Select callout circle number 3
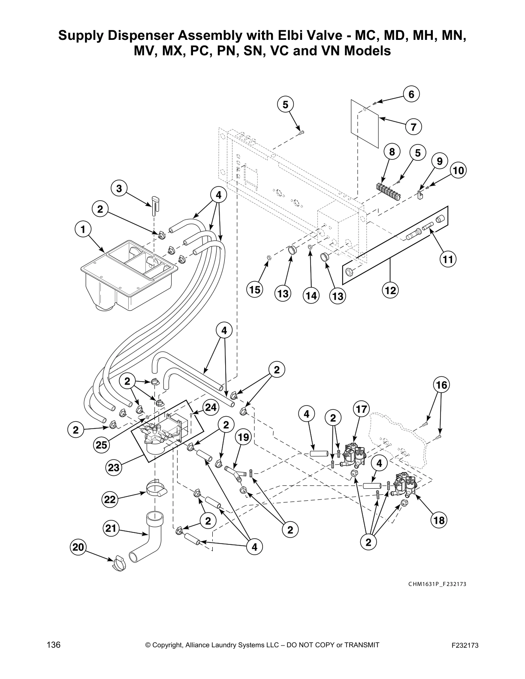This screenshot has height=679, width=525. pyautogui.click(x=119, y=189)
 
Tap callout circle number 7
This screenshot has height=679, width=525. pyautogui.click(x=414, y=127)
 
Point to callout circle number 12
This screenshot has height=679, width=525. pyautogui.click(x=390, y=290)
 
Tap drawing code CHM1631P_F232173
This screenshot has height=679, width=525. pyautogui.click(x=437, y=584)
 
